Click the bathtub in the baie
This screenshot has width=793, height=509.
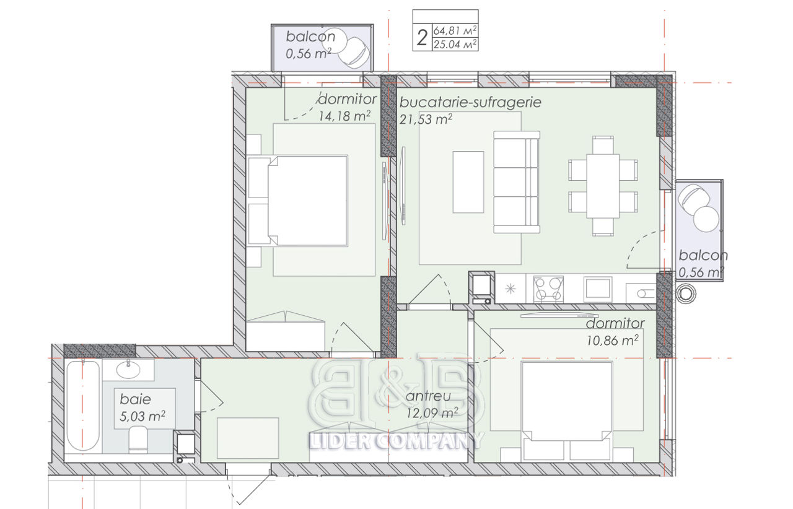click(83, 406)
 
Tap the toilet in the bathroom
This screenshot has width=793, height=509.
click(138, 439)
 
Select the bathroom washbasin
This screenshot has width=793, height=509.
click(128, 369)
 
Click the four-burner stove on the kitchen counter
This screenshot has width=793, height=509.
click(548, 289)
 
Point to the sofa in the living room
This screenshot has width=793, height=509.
click(517, 182)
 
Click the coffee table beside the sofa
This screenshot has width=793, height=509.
click(468, 182)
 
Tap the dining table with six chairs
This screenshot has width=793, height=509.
click(603, 186)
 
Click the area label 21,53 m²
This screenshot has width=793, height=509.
click(426, 120)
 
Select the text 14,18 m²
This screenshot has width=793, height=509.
click(344, 116)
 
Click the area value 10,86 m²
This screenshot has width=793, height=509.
click(613, 341)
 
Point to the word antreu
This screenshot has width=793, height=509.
click(428, 396)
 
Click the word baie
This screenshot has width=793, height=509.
click(135, 399)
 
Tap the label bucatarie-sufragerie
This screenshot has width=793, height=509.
click(470, 102)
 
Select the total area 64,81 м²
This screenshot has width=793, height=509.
click(455, 30)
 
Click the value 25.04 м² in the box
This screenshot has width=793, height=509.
click(455, 44)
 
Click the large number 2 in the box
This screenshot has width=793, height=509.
click(422, 38)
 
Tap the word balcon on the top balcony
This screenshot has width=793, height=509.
click(310, 37)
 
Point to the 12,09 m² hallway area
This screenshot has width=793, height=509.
click(432, 413)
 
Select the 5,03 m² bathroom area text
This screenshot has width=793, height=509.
click(142, 416)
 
